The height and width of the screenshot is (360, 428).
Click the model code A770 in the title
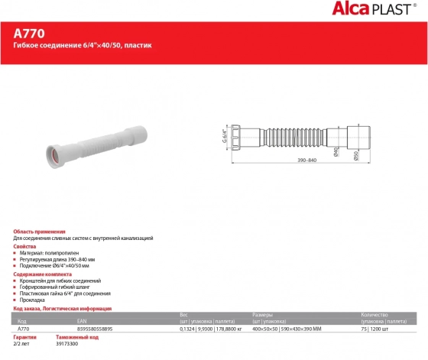29,34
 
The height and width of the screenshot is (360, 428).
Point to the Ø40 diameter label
337,152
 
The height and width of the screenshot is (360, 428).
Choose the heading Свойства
26,247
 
